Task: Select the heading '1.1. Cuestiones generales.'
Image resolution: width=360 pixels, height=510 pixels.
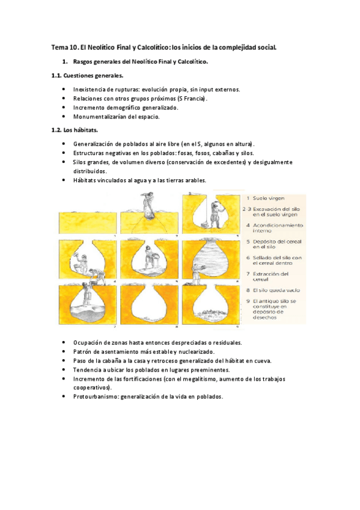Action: pos(87,76)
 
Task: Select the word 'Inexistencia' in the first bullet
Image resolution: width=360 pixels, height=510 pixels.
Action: pos(90,89)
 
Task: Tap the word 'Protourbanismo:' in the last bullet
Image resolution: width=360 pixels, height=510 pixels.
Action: pos(96,397)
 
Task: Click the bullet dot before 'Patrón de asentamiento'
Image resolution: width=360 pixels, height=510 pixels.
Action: pos(64,352)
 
